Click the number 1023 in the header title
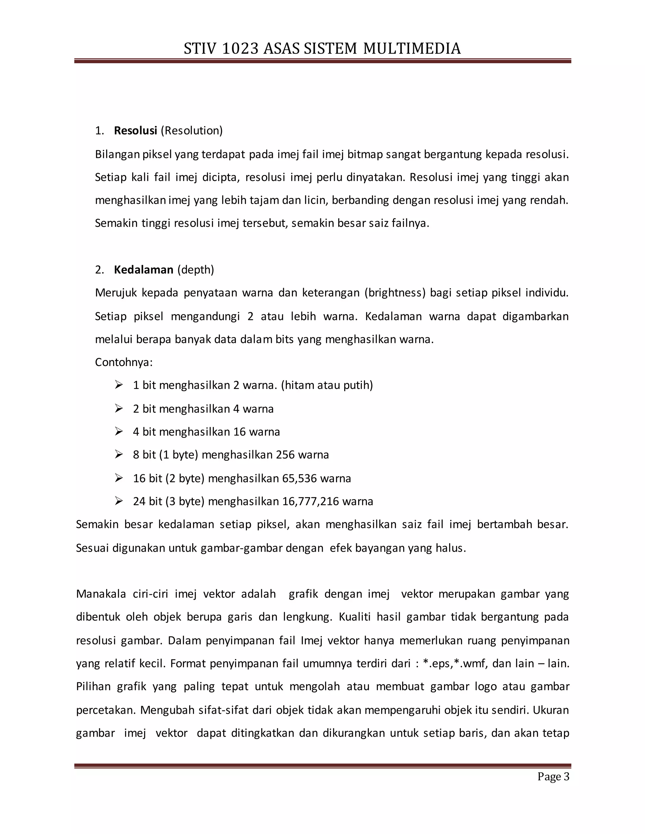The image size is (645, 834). click(240, 49)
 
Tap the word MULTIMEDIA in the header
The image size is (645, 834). click(412, 49)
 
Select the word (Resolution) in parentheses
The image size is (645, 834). click(191, 131)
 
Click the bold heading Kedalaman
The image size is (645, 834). click(144, 270)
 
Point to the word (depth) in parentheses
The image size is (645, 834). click(196, 270)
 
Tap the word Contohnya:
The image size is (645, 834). click(124, 362)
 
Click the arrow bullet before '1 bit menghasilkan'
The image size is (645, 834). click(119, 385)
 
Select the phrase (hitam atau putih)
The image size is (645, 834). click(327, 385)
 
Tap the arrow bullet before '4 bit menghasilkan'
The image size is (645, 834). click(119, 431)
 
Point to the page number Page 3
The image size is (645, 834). click(553, 777)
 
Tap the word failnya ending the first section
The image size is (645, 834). click(410, 223)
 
